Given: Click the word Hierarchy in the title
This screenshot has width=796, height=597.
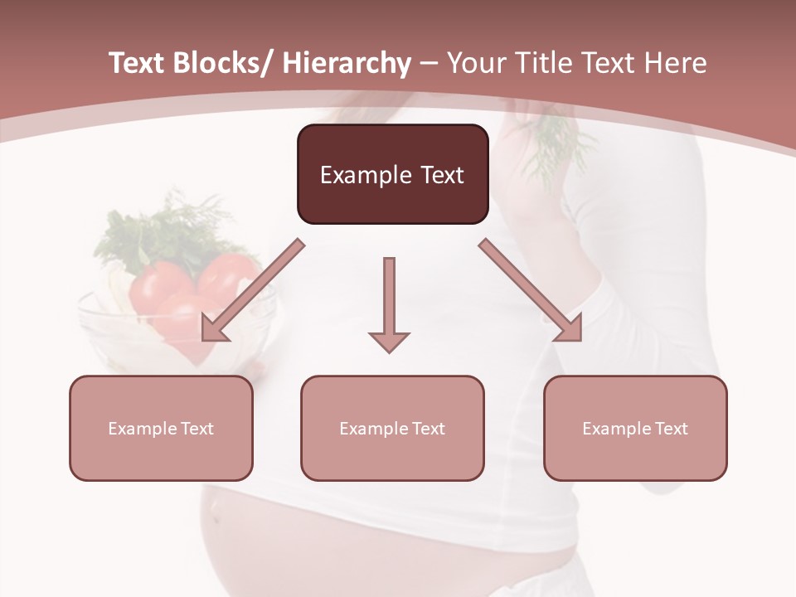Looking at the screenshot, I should (347, 64).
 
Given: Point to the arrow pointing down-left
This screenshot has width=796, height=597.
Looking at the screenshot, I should (253, 290).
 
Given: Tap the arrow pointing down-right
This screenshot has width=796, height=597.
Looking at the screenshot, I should (531, 290).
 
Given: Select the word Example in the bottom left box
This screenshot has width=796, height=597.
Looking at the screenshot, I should (142, 429).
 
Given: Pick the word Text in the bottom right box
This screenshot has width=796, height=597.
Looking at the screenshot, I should (672, 429).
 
